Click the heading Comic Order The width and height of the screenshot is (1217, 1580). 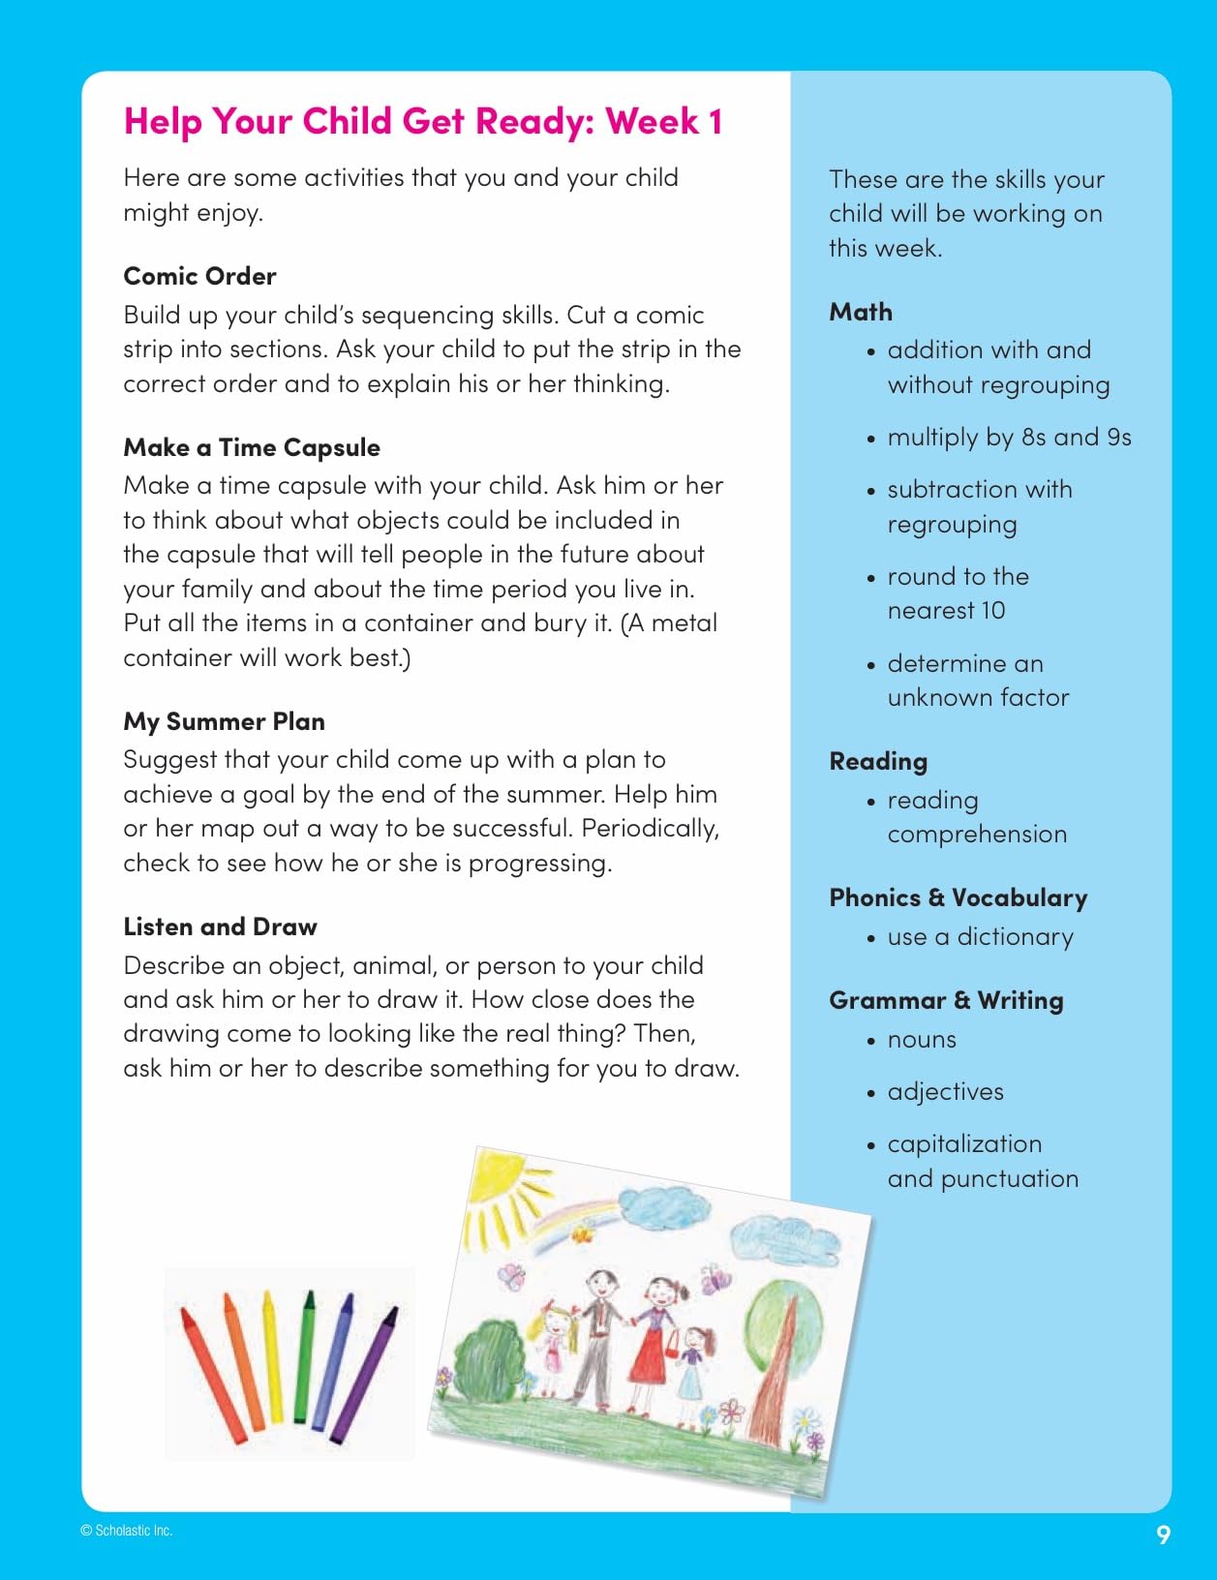pos(199,276)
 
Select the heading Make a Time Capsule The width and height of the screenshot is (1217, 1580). pos(252,447)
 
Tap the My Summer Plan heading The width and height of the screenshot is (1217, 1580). pos(224,721)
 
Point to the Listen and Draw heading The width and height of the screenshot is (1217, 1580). pos(220,927)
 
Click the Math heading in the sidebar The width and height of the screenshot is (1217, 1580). pos(861,312)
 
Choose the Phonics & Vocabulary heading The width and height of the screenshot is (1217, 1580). pos(958,897)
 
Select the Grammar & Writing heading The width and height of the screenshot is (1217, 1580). pos(946,1000)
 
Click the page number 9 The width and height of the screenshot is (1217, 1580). pos(1163,1534)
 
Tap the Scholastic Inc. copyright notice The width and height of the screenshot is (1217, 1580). pos(127,1531)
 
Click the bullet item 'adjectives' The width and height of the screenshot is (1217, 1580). pos(945,1091)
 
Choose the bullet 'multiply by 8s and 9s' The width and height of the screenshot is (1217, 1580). pos(1009,437)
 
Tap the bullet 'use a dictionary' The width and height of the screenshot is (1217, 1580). pos(980,936)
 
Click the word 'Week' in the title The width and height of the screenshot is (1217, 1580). pos(652,121)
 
